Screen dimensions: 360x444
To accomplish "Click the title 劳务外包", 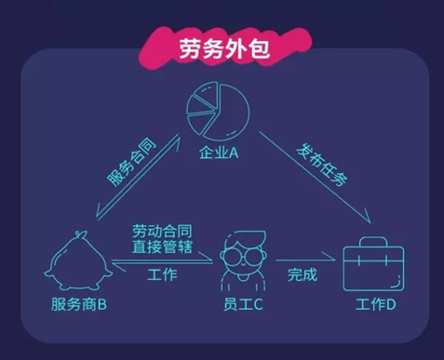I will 221,49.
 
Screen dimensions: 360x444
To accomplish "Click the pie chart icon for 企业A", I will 220,110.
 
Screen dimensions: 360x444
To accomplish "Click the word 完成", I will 302,274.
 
